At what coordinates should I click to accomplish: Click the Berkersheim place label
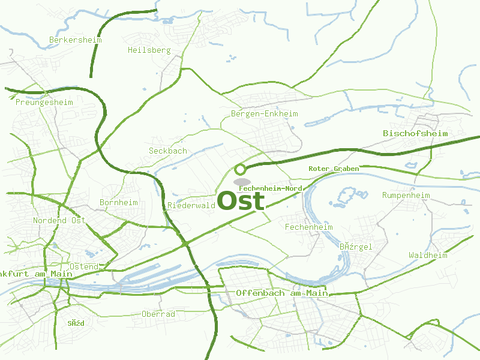(x=75, y=40)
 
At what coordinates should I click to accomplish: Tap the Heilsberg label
(x=149, y=50)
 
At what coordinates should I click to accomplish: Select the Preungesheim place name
(x=44, y=102)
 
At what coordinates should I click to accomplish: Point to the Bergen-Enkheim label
(x=264, y=113)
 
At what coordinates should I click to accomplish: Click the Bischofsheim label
(x=415, y=133)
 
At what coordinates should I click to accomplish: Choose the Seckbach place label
(x=168, y=151)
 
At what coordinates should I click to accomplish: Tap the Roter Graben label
(x=334, y=169)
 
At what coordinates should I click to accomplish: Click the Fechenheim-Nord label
(x=270, y=188)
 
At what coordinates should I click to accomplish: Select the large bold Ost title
(x=241, y=201)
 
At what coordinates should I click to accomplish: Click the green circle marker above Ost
(x=241, y=169)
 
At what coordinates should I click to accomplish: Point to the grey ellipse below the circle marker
(x=242, y=181)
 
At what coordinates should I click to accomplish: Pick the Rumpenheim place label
(x=406, y=195)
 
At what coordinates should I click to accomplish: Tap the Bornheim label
(x=118, y=202)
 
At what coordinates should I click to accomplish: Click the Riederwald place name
(x=191, y=205)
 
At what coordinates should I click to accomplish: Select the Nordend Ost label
(x=59, y=220)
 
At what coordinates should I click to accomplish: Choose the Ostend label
(x=84, y=266)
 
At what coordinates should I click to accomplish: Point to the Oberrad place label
(x=158, y=314)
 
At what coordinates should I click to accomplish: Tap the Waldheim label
(x=428, y=255)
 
